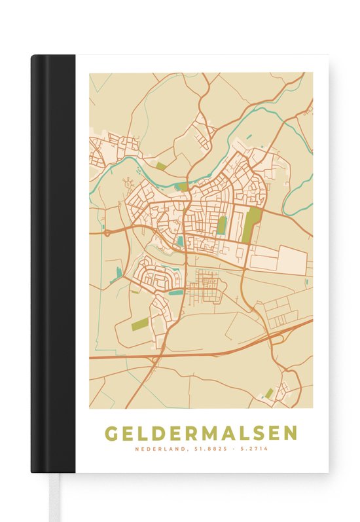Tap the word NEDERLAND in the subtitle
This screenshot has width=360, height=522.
(x=156, y=449)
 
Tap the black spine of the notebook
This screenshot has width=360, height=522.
(x=52, y=262)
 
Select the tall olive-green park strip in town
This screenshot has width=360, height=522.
(x=250, y=225)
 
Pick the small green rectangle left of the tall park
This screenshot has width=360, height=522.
(x=222, y=225)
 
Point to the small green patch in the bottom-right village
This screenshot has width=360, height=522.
(x=269, y=394)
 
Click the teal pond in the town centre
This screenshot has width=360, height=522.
(x=180, y=241)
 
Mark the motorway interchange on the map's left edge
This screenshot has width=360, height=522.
(x=107, y=232)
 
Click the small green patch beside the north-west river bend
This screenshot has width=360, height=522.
(x=160, y=166)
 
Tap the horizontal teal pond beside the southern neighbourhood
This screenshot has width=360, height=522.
(x=175, y=293)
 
